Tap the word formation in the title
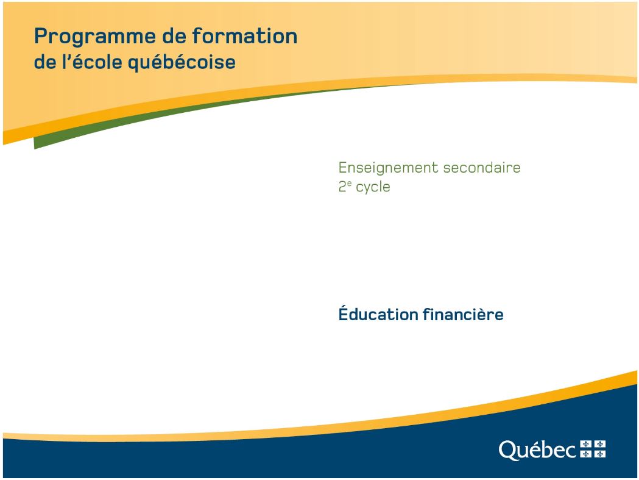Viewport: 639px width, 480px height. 244,35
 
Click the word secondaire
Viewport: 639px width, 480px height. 482,167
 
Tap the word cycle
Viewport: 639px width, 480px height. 373,188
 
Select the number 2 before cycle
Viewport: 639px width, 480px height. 342,187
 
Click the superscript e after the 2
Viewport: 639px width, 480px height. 349,183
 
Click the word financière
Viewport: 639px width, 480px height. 463,314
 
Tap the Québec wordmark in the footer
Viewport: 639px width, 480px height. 537,450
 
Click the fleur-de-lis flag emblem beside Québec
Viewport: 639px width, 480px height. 593,449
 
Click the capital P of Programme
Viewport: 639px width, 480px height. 41,37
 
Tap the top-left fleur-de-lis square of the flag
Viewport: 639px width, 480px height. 586,444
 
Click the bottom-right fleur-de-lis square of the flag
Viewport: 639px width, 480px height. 600,454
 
